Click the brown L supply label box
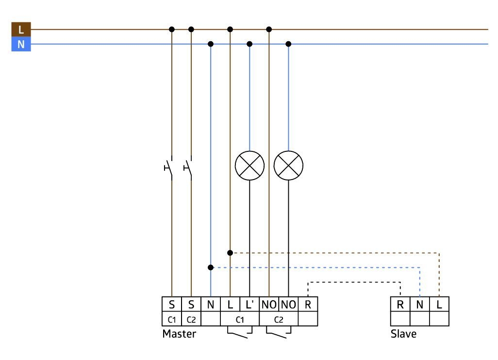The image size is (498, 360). [x=21, y=29]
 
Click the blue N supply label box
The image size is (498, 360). [x=21, y=44]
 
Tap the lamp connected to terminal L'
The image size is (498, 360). [x=249, y=165]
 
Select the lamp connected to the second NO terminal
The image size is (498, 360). [x=288, y=165]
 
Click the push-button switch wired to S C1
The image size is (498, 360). [x=169, y=167]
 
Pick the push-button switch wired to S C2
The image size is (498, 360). [x=188, y=167]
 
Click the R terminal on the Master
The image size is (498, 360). [x=308, y=304]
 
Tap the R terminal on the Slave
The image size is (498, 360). [x=400, y=304]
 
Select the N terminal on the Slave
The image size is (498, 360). [x=419, y=304]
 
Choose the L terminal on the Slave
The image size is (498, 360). [x=439, y=304]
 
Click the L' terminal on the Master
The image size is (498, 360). [x=249, y=304]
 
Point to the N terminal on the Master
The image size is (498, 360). [x=211, y=304]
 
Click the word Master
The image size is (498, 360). [x=179, y=334]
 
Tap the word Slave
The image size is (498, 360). [x=403, y=334]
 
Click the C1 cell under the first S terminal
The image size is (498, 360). [x=171, y=319]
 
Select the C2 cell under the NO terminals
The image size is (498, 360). [x=279, y=319]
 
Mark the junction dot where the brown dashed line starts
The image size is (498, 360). [x=230, y=253]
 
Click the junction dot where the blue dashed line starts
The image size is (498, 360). [x=211, y=267]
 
